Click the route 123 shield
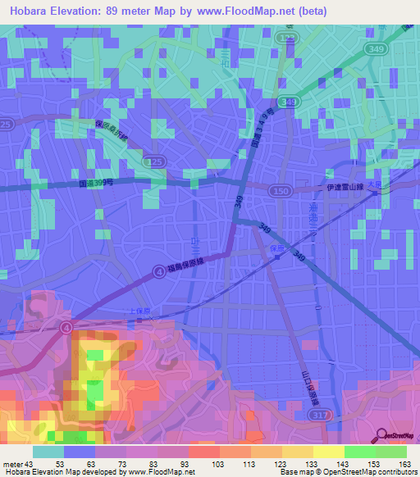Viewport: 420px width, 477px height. (285, 38)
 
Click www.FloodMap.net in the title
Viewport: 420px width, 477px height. (267, 11)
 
